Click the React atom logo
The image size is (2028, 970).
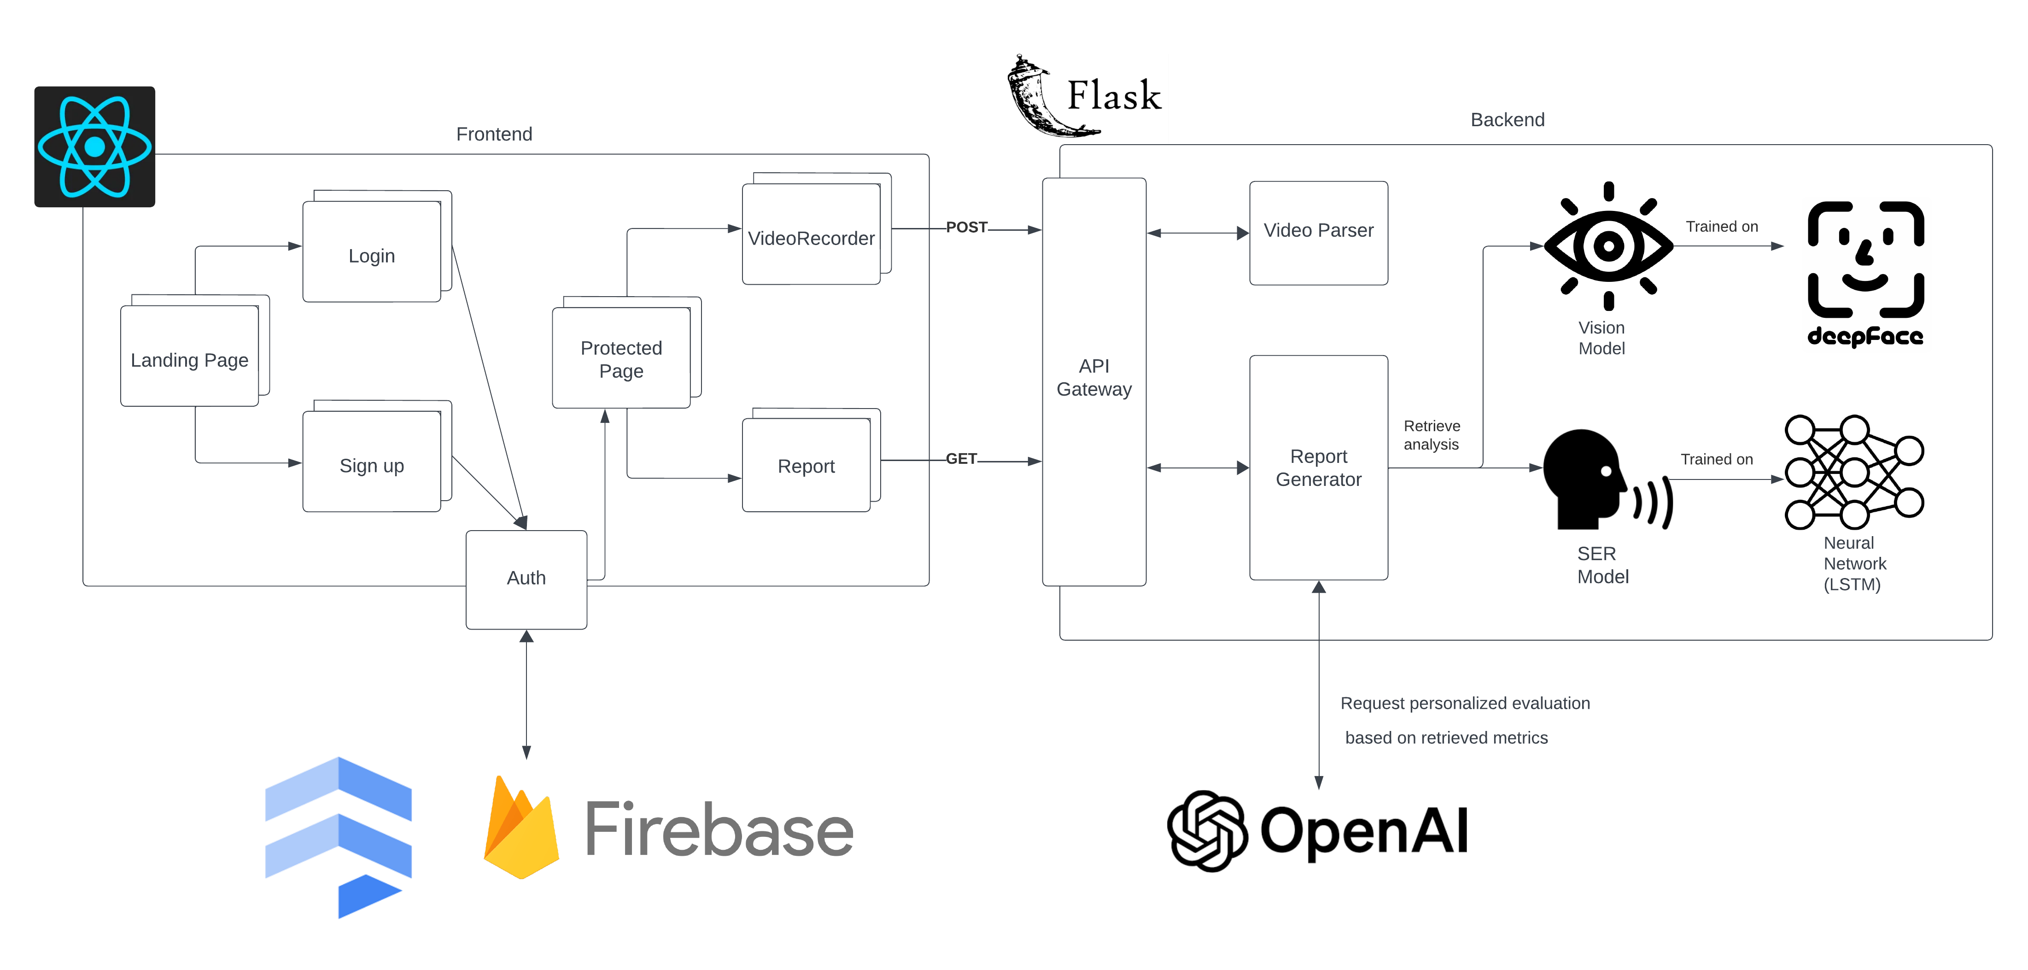[x=94, y=146]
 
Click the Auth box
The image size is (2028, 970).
[x=526, y=578]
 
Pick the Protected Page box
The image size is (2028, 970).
[x=621, y=358]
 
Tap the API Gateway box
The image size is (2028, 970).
[x=1093, y=381]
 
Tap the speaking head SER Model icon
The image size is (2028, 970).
[x=1598, y=480]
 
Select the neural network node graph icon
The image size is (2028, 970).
[x=1853, y=473]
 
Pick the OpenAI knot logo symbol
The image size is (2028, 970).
[x=1206, y=830]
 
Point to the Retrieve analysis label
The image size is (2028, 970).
[x=1431, y=435]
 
